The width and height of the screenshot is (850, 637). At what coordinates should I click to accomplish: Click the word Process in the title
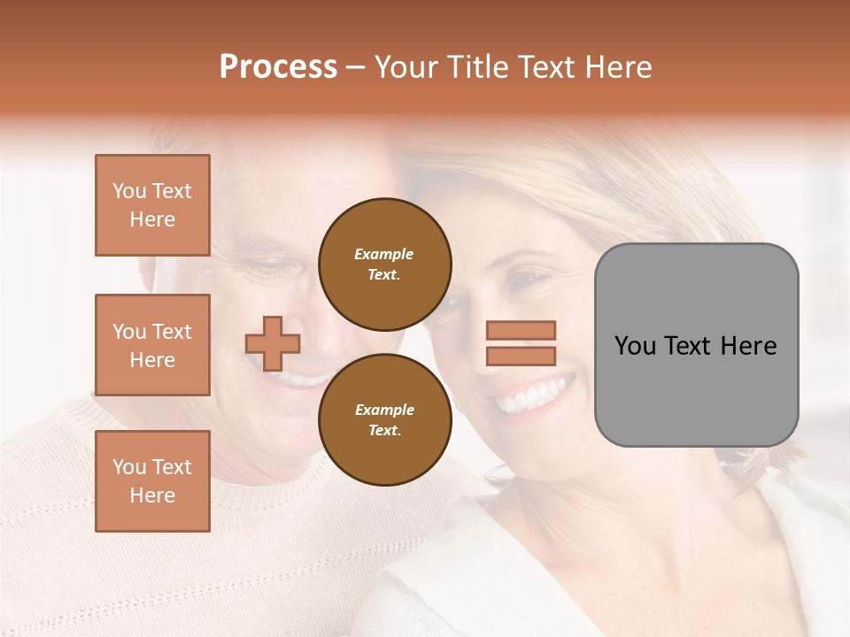coord(278,67)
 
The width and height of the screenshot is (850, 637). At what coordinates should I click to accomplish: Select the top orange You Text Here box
coord(152,205)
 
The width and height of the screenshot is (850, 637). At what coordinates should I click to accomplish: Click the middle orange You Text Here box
coord(152,345)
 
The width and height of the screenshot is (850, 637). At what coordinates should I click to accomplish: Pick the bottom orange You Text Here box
coord(152,481)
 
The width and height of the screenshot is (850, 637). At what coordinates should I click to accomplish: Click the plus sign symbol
coord(273,343)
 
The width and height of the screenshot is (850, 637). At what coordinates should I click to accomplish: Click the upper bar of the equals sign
coord(521,331)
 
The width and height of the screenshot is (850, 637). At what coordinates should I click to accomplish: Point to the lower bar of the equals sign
coord(521,356)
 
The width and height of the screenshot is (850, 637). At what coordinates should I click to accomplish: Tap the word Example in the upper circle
coord(384,254)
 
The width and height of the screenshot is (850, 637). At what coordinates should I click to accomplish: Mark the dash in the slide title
coord(356,68)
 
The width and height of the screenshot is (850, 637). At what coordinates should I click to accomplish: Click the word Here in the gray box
coord(748,346)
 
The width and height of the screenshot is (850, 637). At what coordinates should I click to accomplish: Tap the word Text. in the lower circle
coord(384,430)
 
